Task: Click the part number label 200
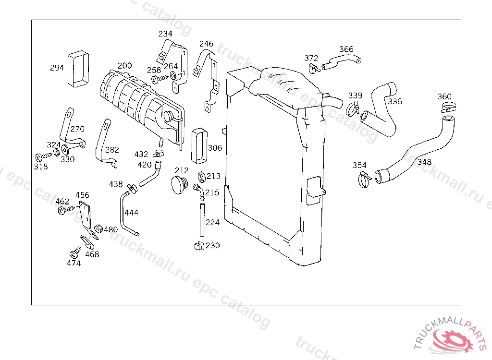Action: [x=124, y=66]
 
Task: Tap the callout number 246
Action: [x=207, y=44]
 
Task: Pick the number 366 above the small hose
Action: [x=346, y=49]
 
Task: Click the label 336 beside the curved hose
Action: [x=395, y=102]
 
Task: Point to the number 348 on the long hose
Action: [x=424, y=162]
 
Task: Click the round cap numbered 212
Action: [x=181, y=184]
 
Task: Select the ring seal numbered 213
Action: [x=201, y=177]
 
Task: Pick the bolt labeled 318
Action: [x=40, y=157]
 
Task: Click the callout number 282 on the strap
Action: [x=112, y=150]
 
